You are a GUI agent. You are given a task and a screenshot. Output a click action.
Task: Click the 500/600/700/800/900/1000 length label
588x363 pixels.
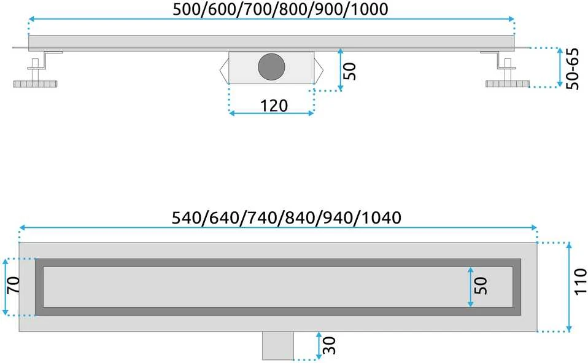280,9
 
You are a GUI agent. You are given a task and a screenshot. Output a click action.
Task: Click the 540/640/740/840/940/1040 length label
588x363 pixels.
287,217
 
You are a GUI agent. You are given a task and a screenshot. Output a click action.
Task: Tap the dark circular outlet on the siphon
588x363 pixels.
271,67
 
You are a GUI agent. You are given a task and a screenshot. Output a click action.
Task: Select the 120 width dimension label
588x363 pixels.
274,106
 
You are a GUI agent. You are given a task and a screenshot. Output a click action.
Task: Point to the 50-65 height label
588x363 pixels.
573,69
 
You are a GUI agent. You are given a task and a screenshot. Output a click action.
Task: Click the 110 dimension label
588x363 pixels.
580,281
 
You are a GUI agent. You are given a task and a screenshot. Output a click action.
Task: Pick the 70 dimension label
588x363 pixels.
14,285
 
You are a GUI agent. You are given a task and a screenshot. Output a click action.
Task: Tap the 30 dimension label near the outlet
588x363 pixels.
329,345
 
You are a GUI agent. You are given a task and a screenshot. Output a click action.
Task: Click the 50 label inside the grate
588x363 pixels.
481,286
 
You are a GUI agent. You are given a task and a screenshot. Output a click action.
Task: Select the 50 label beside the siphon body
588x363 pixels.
349,71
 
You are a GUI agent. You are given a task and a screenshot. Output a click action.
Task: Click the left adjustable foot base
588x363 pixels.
35,84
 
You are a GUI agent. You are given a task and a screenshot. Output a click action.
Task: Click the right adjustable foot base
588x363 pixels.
508,84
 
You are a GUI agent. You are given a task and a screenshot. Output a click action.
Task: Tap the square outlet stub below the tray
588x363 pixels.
278,345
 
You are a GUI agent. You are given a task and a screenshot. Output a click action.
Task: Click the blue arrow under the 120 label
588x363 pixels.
271,113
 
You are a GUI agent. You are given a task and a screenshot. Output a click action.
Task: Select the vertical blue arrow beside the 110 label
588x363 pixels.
569,287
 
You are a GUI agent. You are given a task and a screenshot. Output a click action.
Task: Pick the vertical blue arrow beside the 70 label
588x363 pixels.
6,287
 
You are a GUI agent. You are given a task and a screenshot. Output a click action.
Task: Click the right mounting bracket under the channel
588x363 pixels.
499,60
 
